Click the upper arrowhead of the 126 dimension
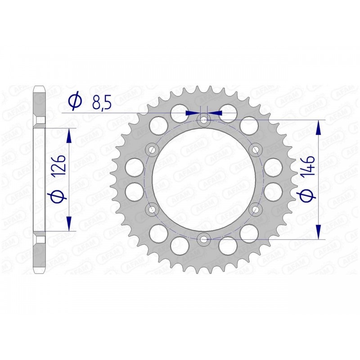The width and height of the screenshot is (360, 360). pos(69,135)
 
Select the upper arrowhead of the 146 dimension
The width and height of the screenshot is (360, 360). pos(319,127)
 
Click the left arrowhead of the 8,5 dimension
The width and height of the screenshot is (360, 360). pos(193,112)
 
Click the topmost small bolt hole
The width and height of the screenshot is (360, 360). pos(204,120)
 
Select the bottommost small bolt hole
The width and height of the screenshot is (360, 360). pos(204,239)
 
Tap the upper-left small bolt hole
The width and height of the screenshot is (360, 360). pos(152,149)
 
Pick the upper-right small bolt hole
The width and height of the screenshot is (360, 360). pos(256,149)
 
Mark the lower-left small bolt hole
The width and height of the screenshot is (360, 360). pos(152,209)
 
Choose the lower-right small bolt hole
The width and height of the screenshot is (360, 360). pos(256,209)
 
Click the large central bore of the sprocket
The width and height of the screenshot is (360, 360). pos(204,180)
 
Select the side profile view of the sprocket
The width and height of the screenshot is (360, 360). pos(40,180)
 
